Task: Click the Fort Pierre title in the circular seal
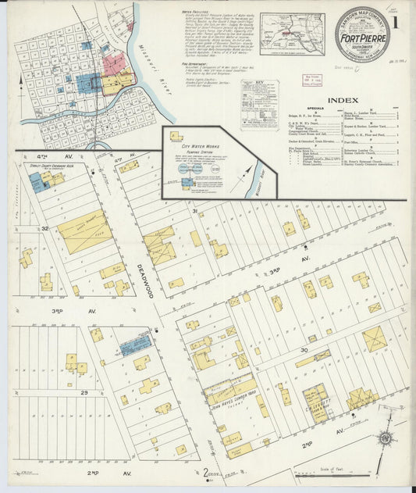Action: (x=363, y=35)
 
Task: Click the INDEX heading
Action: (x=343, y=100)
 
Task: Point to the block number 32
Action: (x=46, y=228)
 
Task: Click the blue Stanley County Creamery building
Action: (x=37, y=181)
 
